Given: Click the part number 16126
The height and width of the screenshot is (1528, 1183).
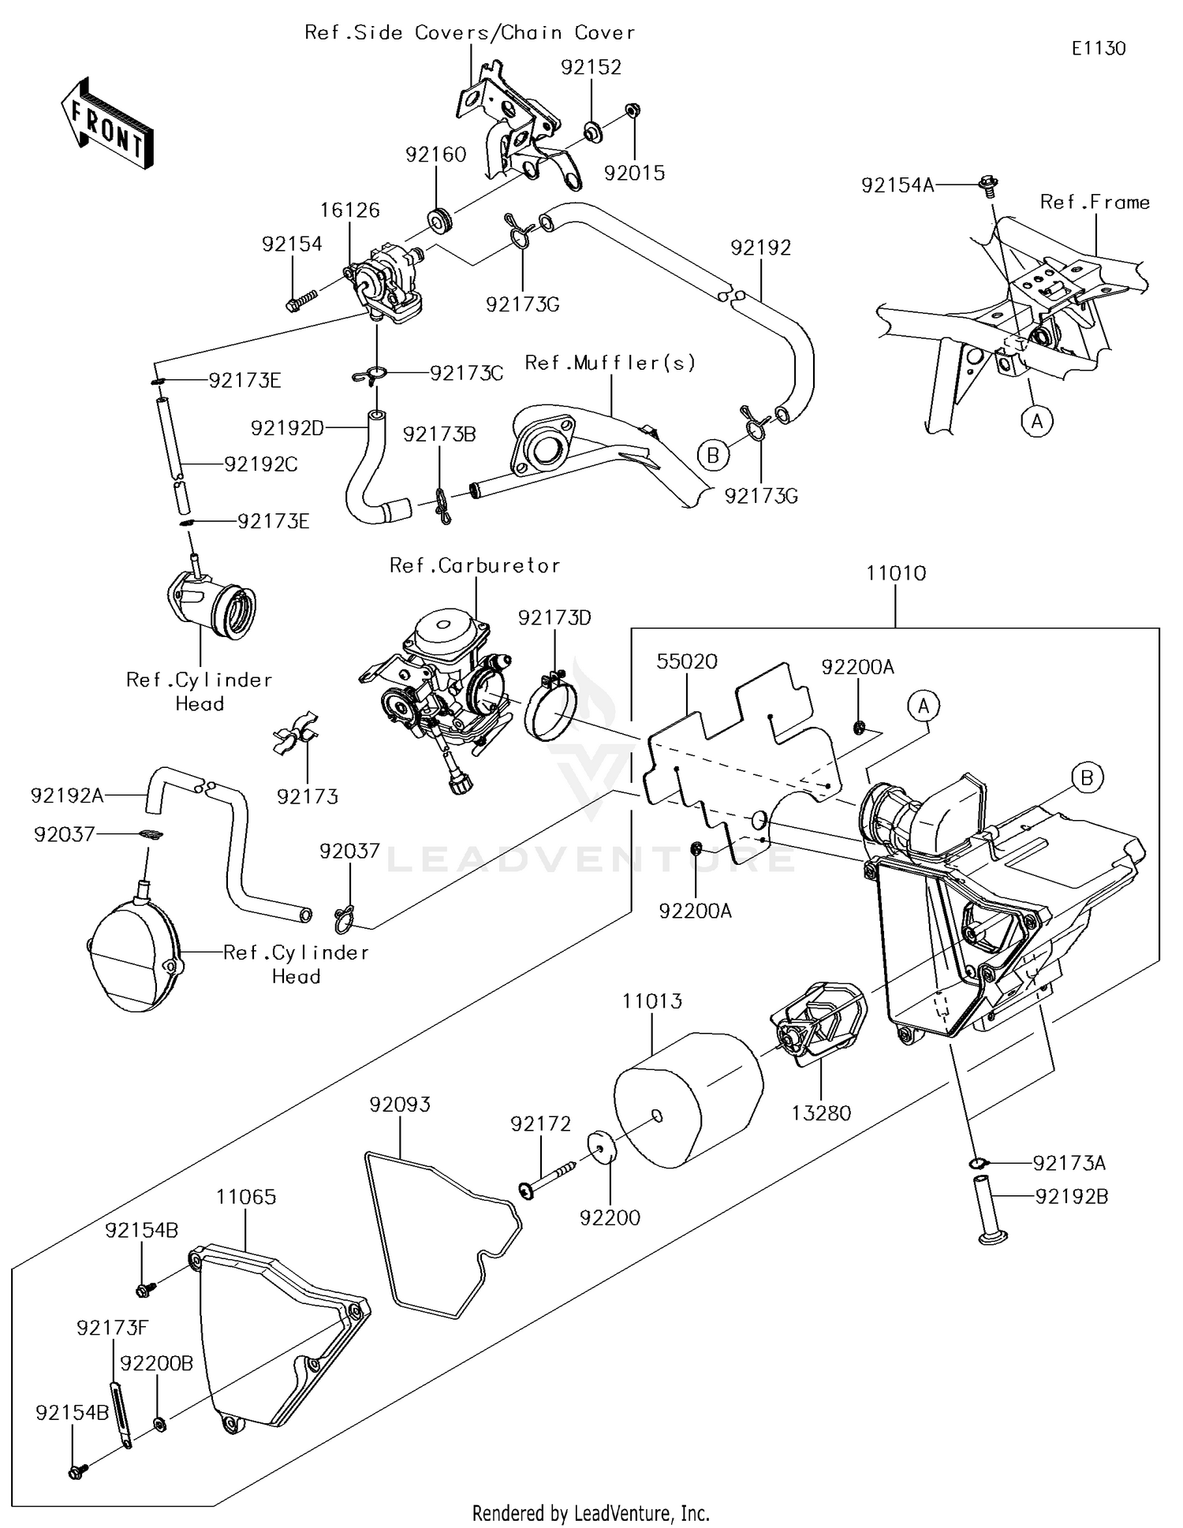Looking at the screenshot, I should click(350, 210).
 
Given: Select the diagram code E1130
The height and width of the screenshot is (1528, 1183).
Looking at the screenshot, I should click(1098, 48).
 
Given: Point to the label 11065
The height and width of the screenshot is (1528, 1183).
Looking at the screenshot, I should click(246, 1197).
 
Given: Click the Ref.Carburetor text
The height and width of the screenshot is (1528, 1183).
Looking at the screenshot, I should click(475, 565).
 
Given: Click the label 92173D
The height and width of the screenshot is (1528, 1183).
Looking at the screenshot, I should click(554, 617).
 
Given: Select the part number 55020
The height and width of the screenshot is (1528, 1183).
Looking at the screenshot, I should click(687, 661).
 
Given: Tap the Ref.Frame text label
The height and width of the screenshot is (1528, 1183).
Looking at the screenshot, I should click(1095, 202).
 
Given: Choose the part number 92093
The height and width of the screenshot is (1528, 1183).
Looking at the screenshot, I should click(400, 1105).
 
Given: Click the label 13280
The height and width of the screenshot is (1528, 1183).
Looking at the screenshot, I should click(821, 1113).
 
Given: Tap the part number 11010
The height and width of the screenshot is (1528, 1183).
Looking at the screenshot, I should click(896, 573).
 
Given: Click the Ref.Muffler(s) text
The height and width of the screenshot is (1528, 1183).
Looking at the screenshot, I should click(610, 363).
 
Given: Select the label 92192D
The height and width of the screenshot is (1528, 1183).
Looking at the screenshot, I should click(288, 428).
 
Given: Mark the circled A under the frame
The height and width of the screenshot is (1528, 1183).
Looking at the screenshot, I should click(1036, 422).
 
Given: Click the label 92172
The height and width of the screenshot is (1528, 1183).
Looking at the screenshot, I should click(540, 1124).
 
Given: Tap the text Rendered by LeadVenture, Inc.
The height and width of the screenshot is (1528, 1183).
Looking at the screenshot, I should click(591, 1513).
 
